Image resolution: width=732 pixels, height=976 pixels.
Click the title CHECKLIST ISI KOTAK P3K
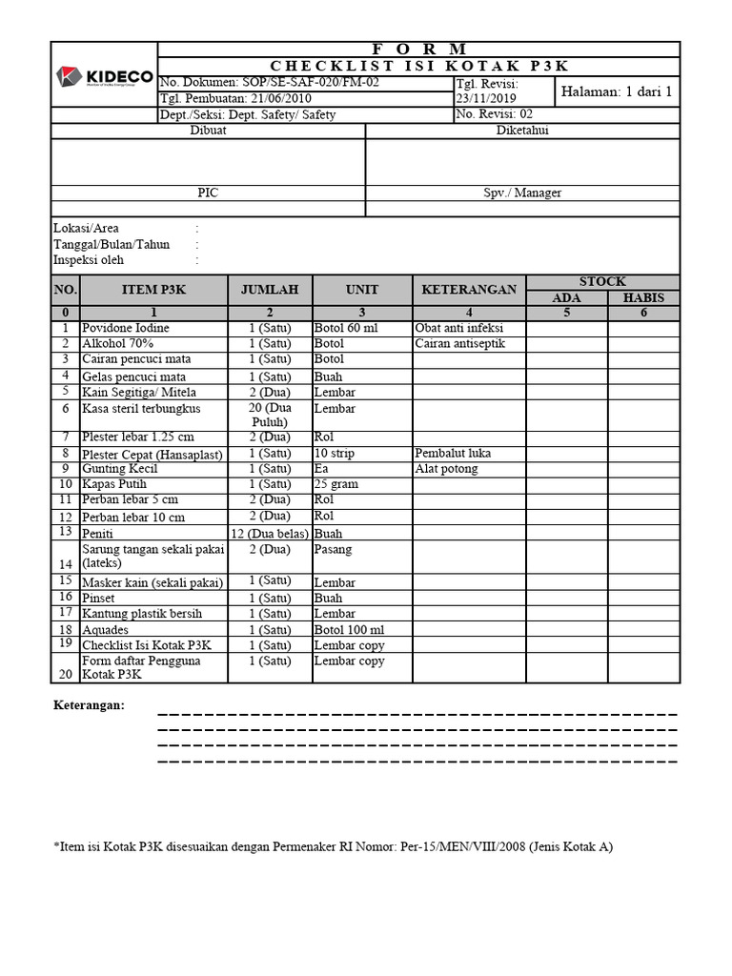coord(418,66)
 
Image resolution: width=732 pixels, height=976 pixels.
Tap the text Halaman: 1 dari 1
coord(617,91)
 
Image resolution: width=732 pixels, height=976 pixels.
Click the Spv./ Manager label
coord(521,193)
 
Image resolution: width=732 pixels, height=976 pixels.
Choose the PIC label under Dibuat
coord(208,193)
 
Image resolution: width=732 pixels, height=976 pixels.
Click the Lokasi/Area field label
coord(87,229)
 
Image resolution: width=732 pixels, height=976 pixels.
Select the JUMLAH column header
coord(270,290)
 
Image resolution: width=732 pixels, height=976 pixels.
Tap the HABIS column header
coord(644,298)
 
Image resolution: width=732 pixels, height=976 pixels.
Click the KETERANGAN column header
coord(469,290)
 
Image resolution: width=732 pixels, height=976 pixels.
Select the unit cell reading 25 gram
coord(336,484)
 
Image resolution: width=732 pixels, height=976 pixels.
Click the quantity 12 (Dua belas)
coord(270,534)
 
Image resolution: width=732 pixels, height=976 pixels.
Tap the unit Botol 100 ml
coord(349,630)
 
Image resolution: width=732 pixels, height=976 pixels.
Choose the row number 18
coord(65,630)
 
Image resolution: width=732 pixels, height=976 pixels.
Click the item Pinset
coord(99,598)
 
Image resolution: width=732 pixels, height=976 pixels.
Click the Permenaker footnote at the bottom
coord(333,846)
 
